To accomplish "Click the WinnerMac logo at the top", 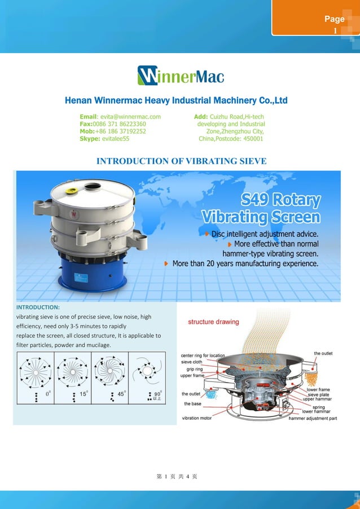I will point(181,76).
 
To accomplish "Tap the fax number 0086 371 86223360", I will point(120,124).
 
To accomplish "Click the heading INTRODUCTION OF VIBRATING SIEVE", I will point(181,161).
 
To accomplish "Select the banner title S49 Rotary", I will point(280,200).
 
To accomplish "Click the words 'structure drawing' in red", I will point(213,322).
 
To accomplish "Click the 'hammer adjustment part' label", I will point(313,419).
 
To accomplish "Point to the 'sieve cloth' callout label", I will point(191,362).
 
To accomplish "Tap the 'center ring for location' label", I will point(203,356).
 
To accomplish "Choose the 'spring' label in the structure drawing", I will point(318,406).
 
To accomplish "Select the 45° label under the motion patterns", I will point(121,394).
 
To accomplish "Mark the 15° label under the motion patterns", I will point(83,394).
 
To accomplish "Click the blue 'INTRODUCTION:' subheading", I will point(38,308).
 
